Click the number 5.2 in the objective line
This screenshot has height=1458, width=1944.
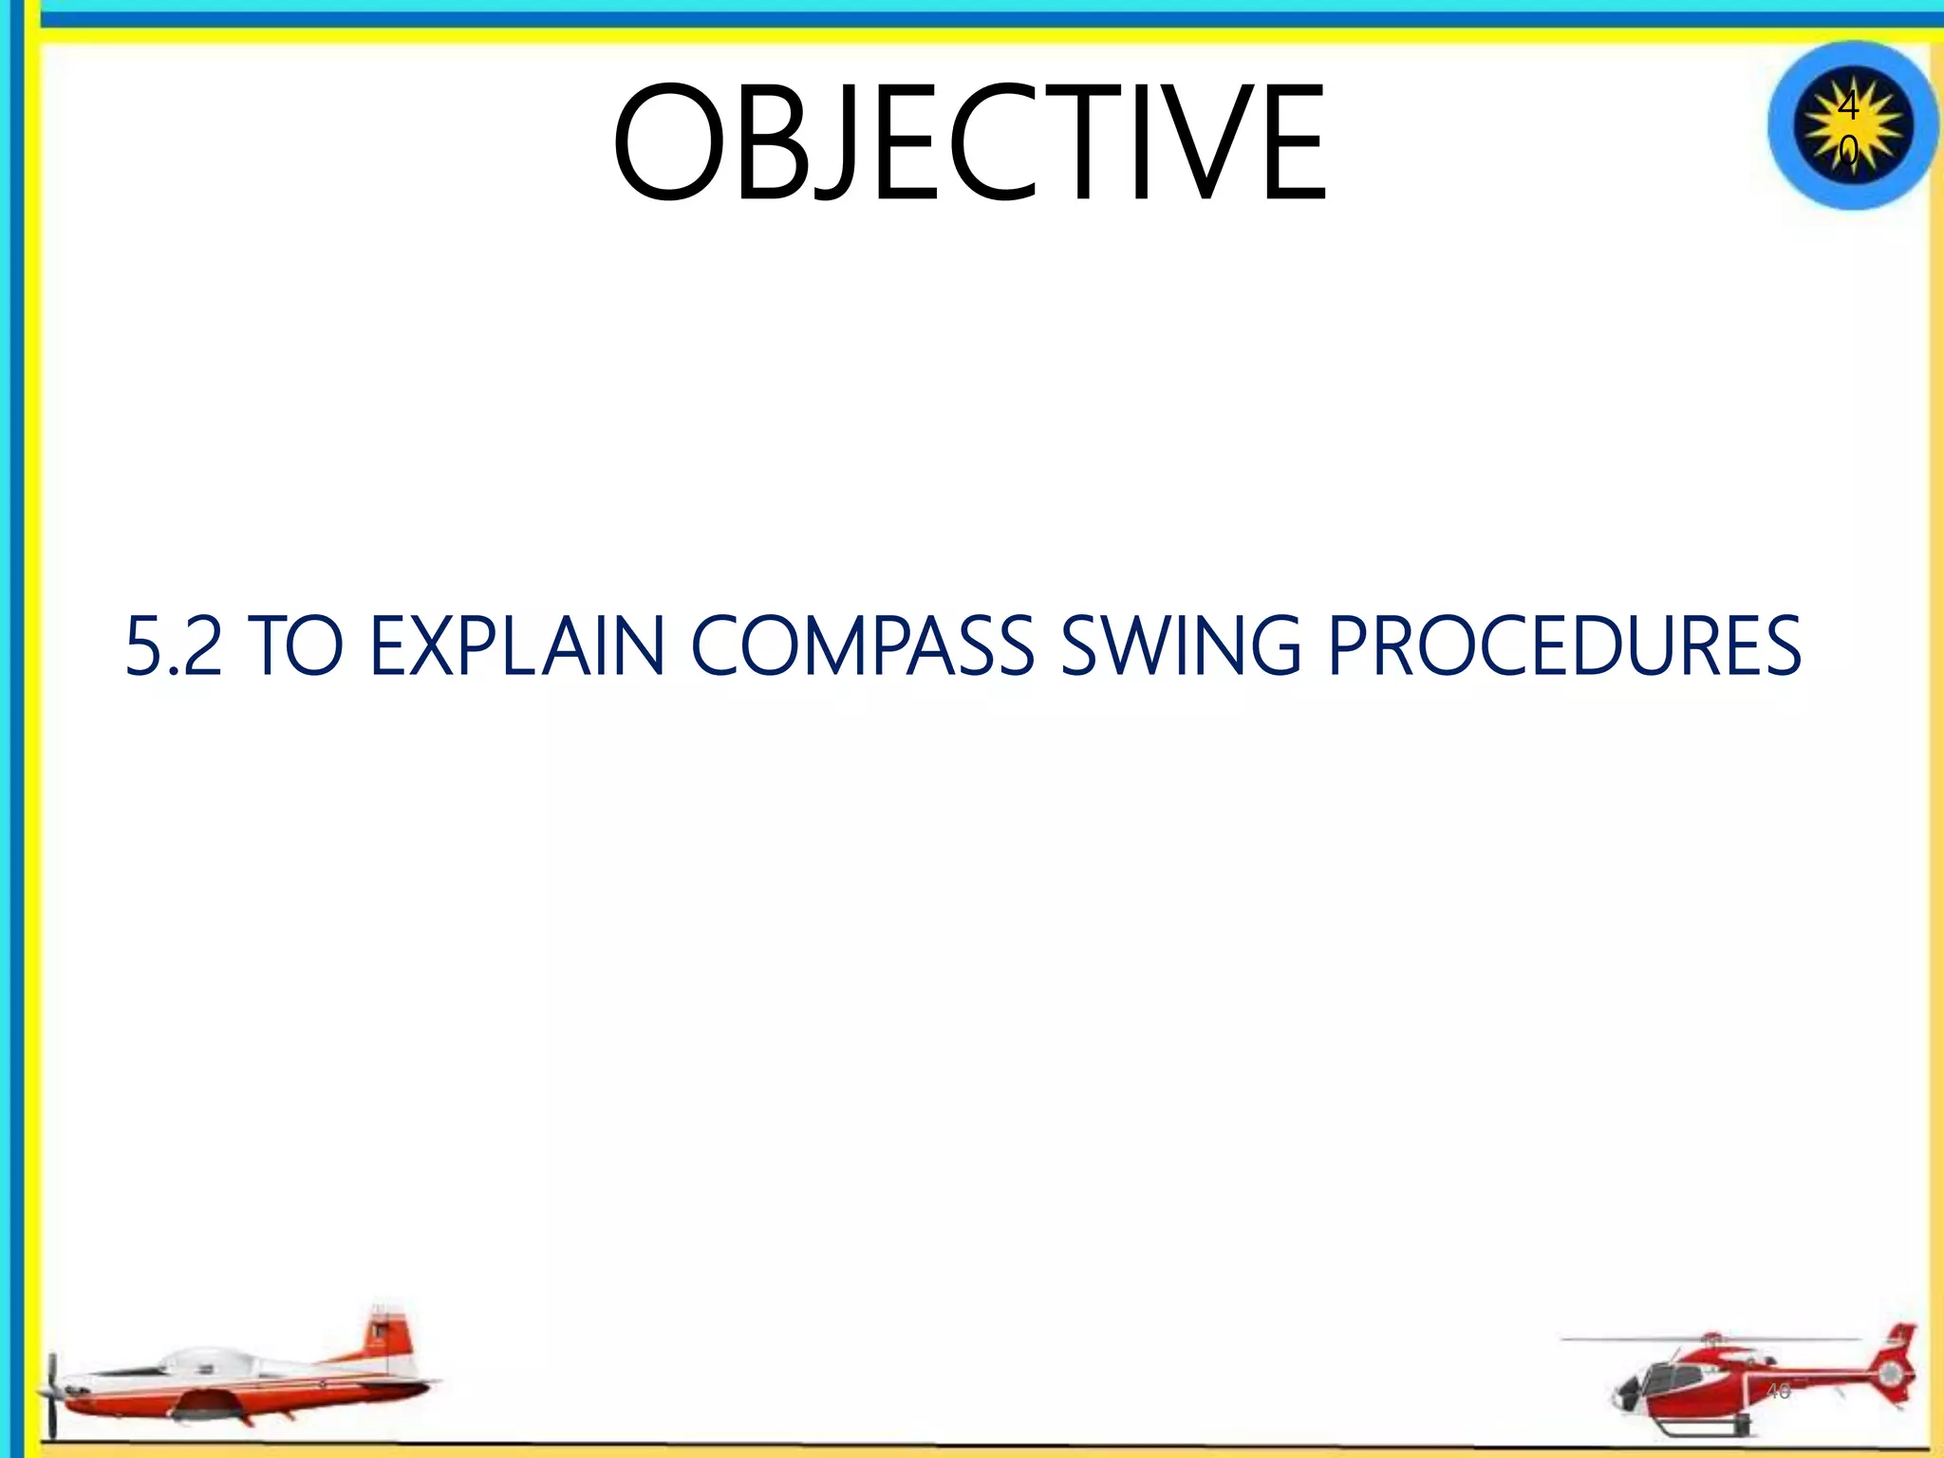click(x=173, y=647)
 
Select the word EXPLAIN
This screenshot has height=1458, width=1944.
click(x=517, y=647)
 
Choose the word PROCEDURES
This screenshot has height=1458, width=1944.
click(x=1564, y=647)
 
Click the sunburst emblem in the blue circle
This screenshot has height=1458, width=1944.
click(x=1852, y=126)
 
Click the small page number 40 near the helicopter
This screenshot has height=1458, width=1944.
click(x=1778, y=1392)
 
